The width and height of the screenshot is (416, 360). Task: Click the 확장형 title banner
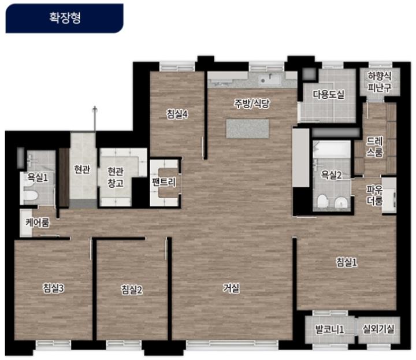pos(64,18)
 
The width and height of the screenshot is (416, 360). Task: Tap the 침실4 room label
pos(177,114)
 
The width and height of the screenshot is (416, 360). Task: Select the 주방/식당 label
pos(251,103)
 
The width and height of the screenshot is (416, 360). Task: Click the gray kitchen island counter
pos(247,129)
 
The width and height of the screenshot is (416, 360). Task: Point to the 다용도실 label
pos(328,94)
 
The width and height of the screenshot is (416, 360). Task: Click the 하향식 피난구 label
pos(380,81)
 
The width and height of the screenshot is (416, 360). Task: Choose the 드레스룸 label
pos(374,147)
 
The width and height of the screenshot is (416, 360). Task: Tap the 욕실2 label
pos(332,175)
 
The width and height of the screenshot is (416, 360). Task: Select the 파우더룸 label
pos(374,195)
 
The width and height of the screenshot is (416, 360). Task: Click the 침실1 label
pos(347,262)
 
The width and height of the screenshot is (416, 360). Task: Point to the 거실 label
pos(231,288)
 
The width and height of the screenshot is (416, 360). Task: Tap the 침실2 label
pos(132,290)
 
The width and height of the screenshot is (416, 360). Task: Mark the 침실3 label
pos(54,288)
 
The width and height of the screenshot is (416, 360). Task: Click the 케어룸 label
pos(37,222)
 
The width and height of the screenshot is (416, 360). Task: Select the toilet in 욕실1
pos(31,195)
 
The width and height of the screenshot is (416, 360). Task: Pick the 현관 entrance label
pos(82,169)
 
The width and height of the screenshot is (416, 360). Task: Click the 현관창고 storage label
pos(116,177)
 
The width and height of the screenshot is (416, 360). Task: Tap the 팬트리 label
pos(164,182)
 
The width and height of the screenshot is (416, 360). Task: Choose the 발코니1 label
pos(329,329)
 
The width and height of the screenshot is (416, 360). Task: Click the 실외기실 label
pos(378,329)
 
